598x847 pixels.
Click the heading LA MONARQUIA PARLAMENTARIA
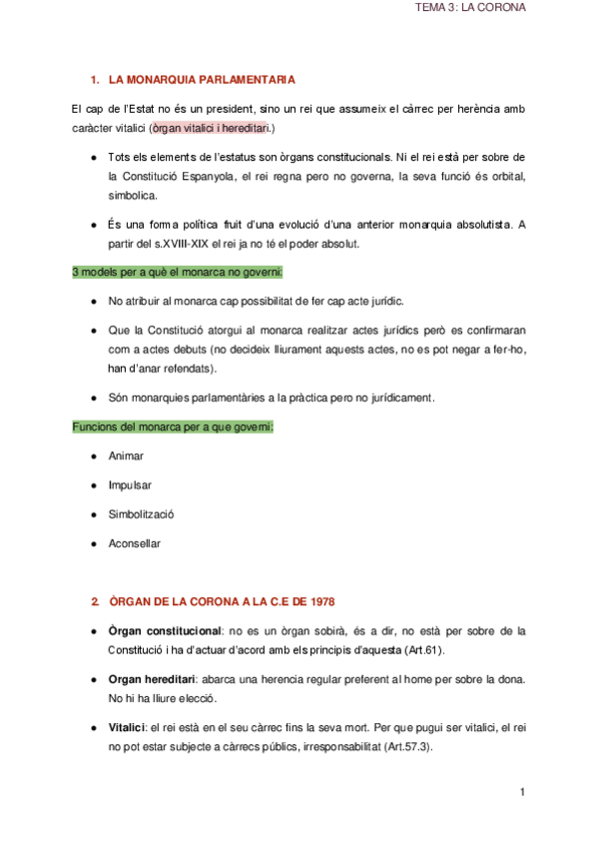[x=203, y=78]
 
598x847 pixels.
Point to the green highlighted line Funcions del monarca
[x=173, y=426]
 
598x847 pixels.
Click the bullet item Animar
[x=126, y=455]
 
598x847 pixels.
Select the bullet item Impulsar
[x=130, y=484]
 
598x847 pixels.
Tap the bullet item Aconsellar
[x=134, y=543]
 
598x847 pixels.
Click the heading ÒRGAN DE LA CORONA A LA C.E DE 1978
[x=222, y=601]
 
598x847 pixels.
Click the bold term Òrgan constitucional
[x=165, y=631]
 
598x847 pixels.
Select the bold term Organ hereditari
[x=150, y=679]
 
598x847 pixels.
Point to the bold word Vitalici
[x=127, y=728]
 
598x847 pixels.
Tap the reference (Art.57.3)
[x=402, y=747]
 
